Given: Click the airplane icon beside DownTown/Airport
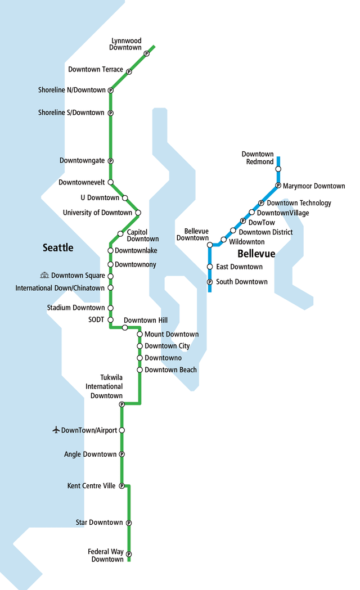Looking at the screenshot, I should [56, 430].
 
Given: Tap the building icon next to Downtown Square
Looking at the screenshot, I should [45, 276].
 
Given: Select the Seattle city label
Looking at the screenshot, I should [58, 247].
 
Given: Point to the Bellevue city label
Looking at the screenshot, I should [256, 254].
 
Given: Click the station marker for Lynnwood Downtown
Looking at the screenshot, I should [146, 53].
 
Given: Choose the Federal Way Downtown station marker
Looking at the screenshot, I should [129, 554].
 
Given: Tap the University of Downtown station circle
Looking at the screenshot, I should [138, 213].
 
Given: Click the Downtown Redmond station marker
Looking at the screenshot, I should [278, 169].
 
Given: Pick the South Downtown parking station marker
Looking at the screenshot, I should [210, 282].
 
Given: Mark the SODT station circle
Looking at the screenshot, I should [110, 319].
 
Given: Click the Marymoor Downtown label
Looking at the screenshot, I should [314, 186].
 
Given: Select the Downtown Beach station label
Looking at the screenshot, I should [170, 370].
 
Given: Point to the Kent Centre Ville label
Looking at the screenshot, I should [91, 486].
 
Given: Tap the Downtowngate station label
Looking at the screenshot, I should [82, 161].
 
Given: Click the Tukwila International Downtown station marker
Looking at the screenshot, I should [121, 404].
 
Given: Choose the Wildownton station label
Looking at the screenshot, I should [247, 242].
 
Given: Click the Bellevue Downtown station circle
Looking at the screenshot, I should [210, 245].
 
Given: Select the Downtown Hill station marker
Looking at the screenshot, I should [125, 327].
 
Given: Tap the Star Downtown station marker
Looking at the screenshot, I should [129, 523].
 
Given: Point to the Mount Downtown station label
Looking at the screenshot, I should [172, 334].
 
